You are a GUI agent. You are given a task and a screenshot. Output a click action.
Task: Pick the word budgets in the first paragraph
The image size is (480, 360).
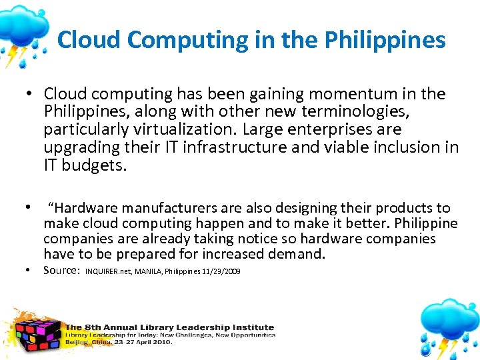(x=93, y=164)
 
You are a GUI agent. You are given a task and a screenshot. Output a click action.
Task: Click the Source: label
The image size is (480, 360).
(x=62, y=271)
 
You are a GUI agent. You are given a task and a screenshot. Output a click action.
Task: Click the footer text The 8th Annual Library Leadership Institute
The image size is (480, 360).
(x=169, y=327)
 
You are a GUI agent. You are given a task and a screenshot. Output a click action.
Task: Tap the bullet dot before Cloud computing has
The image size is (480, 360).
(x=31, y=95)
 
